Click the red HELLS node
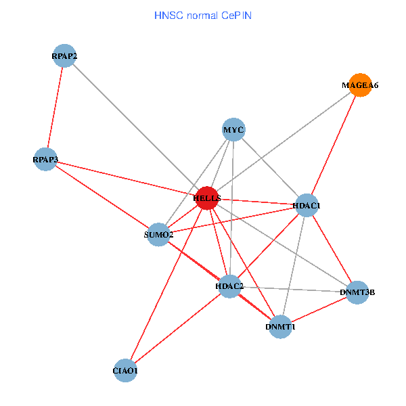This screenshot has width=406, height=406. pyautogui.click(x=207, y=198)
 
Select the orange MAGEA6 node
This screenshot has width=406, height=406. pyautogui.click(x=360, y=85)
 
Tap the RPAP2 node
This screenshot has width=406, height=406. pyautogui.click(x=64, y=56)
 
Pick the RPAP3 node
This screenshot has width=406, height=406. pyautogui.click(x=45, y=160)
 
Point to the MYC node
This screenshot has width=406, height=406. pyautogui.click(x=233, y=129)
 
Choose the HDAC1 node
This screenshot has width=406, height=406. pyautogui.click(x=307, y=205)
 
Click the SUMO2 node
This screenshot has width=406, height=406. pyautogui.click(x=158, y=234)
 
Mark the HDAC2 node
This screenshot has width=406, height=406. pyautogui.click(x=229, y=286)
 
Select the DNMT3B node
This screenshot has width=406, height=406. pyautogui.click(x=357, y=292)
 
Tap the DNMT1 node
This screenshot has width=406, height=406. pyautogui.click(x=280, y=327)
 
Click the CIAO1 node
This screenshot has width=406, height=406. pyautogui.click(x=126, y=371)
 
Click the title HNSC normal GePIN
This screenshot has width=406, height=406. pyautogui.click(x=203, y=15)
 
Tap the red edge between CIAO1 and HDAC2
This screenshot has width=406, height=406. pyautogui.click(x=177, y=329)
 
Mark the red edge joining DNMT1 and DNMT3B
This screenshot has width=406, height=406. pyautogui.click(x=318, y=310)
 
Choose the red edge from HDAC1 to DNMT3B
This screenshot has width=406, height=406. pyautogui.click(x=332, y=248)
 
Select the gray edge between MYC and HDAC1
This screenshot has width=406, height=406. pyautogui.click(x=270, y=167)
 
